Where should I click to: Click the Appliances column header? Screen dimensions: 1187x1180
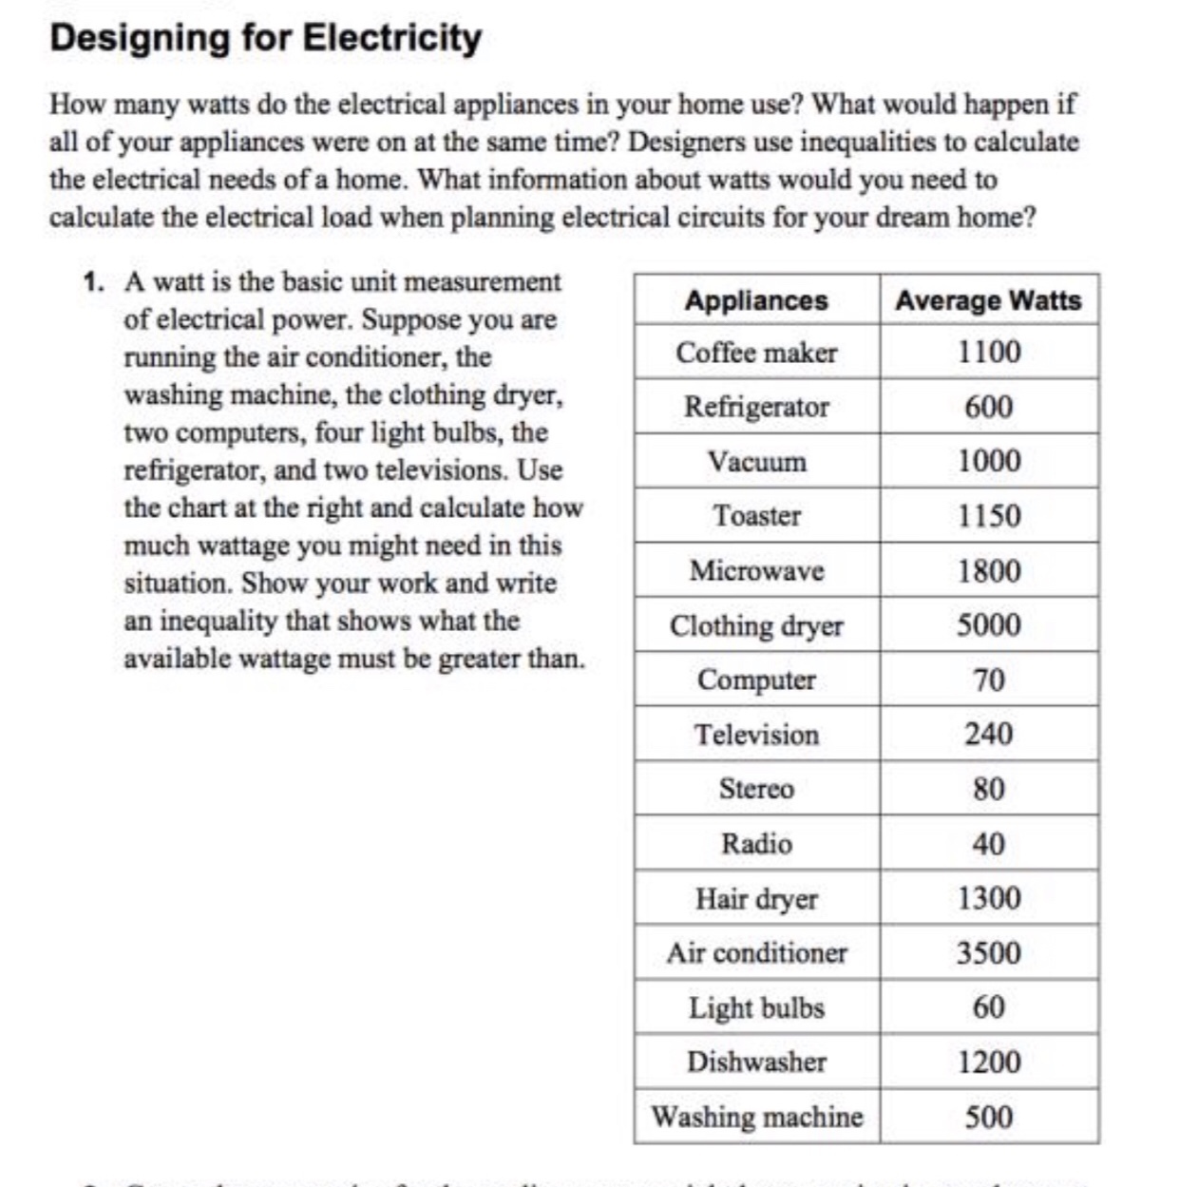(756, 300)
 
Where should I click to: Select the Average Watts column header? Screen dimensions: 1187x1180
(988, 300)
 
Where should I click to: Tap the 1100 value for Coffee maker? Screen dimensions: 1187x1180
(988, 353)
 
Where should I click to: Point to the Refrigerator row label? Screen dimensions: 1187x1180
(756, 407)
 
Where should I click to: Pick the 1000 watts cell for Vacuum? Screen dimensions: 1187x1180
(988, 461)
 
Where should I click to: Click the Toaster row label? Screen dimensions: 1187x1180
(756, 516)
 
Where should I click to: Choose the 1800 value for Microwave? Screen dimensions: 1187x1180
(988, 570)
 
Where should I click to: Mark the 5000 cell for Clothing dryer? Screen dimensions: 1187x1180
(988, 625)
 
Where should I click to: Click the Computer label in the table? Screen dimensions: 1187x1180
(756, 680)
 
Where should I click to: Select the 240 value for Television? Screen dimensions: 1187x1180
(988, 734)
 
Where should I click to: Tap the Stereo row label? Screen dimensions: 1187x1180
(756, 789)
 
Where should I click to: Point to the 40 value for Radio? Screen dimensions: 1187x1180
(988, 843)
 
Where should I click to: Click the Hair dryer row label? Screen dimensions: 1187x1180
(756, 898)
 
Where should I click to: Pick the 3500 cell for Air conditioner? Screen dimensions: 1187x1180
(988, 952)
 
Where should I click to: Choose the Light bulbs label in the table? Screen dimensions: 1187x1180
(756, 1007)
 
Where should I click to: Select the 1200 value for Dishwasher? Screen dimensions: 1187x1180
(988, 1062)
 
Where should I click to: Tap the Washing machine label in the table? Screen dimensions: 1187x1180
(756, 1116)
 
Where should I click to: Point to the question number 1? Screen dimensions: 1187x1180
(92, 282)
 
